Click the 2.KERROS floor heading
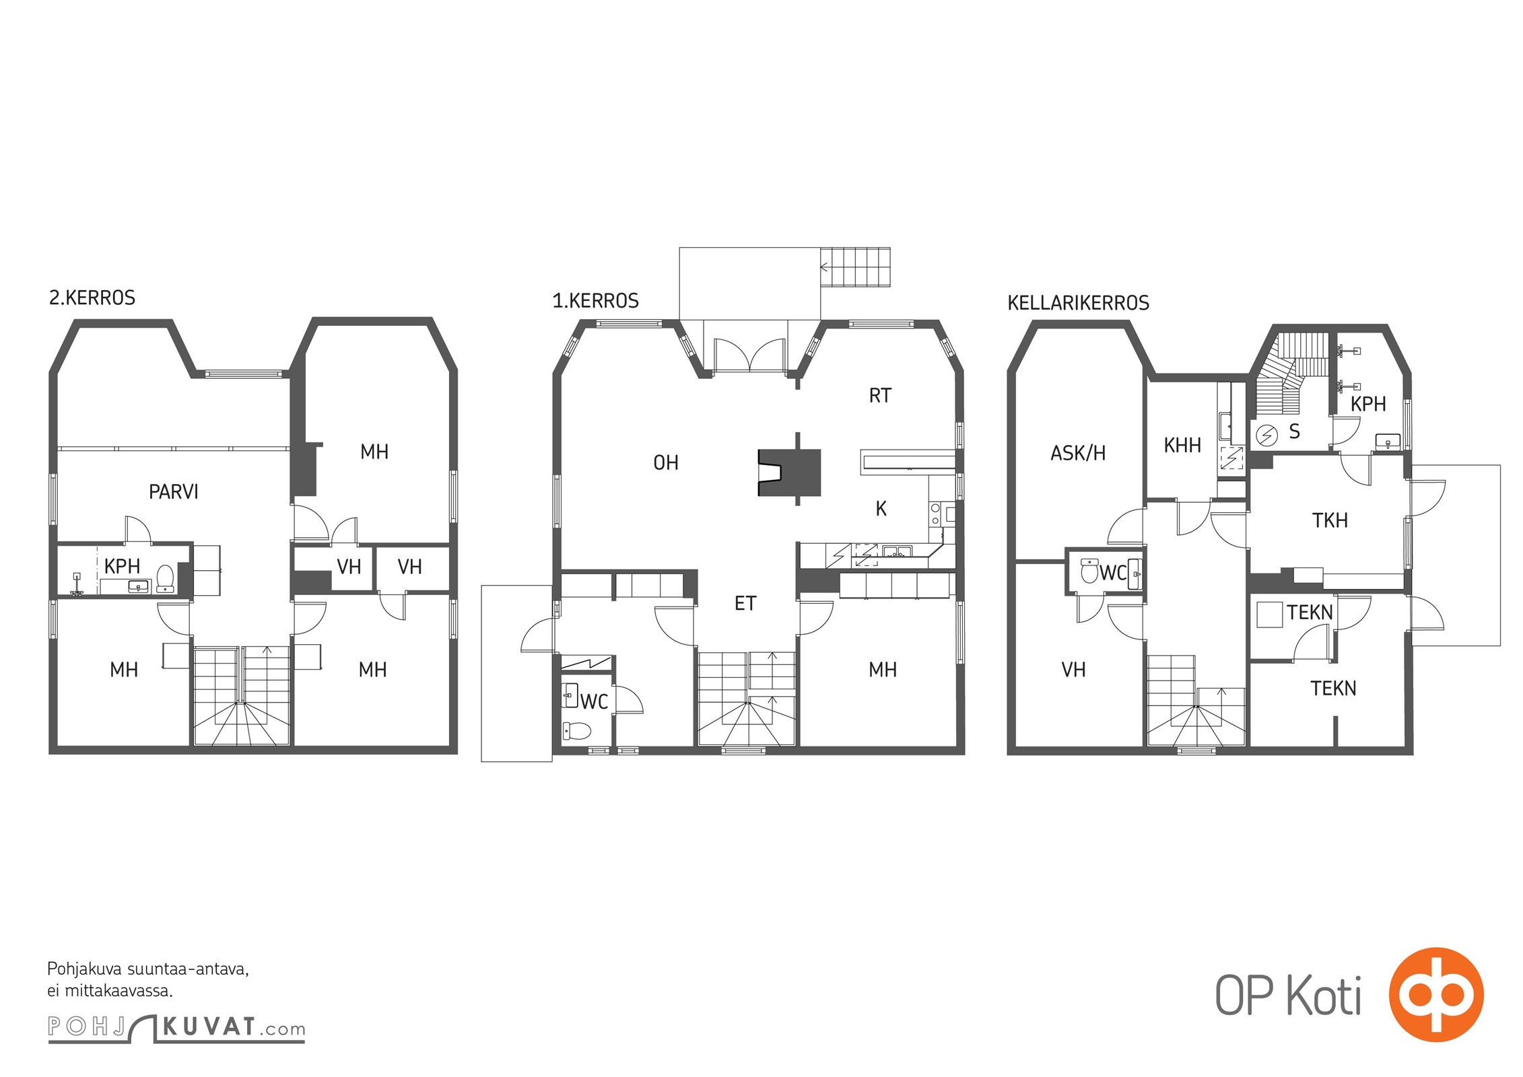(x=92, y=298)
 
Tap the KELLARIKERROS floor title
(x=1078, y=303)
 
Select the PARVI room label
(x=174, y=492)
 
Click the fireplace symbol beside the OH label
(x=789, y=473)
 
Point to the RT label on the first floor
(x=880, y=395)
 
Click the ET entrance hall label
(x=745, y=604)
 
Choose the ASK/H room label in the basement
(x=1078, y=453)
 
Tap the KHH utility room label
(x=1182, y=445)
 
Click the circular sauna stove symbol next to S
(x=1268, y=436)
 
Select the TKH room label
(x=1330, y=520)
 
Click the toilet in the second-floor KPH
(x=165, y=578)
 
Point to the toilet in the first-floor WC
(x=576, y=730)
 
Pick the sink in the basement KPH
(x=1388, y=442)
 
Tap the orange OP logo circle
(x=1436, y=994)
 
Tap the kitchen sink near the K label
(x=897, y=552)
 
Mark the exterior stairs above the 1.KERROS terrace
(x=855, y=267)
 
